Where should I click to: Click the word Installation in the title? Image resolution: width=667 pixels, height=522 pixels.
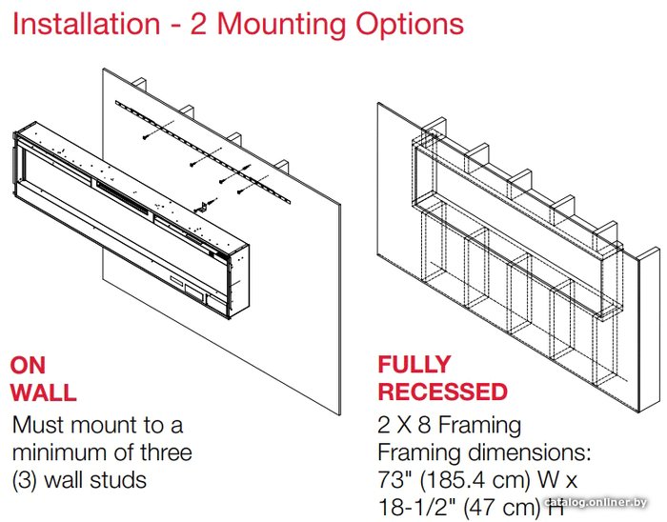point(87,24)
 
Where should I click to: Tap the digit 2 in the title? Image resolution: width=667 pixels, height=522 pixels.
point(198,24)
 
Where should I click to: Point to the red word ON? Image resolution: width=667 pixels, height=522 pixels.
point(28,366)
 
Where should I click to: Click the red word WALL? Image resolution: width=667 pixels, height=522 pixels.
point(44,392)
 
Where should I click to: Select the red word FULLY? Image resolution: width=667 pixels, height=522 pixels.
point(414,365)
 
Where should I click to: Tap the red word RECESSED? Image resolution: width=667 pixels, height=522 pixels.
point(443,391)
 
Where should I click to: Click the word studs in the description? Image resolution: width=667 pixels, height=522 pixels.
point(118,480)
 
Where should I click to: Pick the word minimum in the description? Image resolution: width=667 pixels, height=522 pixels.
point(59,452)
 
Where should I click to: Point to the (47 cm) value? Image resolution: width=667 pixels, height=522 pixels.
point(501,508)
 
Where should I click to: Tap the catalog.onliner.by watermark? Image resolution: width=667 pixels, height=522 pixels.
point(596,502)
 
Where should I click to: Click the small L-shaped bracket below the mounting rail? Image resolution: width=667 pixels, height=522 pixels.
point(202,208)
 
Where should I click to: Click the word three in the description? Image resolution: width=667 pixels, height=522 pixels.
point(167,452)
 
